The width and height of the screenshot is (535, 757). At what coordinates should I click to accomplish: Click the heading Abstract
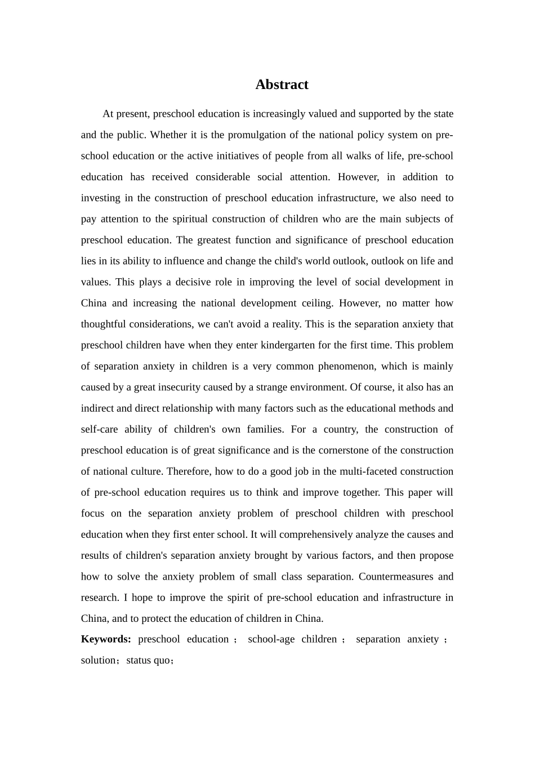282,84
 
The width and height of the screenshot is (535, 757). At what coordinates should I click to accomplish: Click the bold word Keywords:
106,639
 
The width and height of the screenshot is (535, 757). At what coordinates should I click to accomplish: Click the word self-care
99,429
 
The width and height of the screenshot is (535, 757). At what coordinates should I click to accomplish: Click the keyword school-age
271,639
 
